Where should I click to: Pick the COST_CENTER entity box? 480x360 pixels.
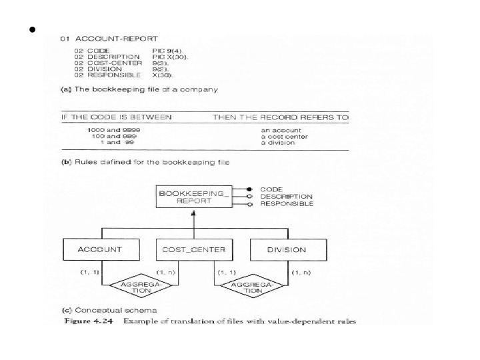tap(194, 250)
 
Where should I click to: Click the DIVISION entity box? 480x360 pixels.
tap(287, 250)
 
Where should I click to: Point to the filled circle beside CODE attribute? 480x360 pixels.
tap(249, 189)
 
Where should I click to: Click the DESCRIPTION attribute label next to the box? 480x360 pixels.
tap(286, 197)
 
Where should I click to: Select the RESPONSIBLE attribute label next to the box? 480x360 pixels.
tap(287, 204)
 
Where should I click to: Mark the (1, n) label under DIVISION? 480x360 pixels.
tap(301, 273)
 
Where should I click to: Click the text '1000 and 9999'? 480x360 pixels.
tap(113, 130)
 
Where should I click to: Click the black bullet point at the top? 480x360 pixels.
tap(31, 31)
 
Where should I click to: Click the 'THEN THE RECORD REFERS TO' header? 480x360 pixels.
tap(281, 117)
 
